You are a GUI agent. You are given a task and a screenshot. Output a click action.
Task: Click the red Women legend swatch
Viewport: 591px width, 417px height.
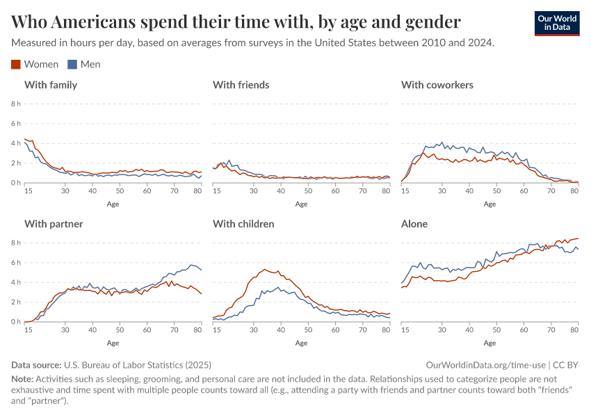pos(17,65)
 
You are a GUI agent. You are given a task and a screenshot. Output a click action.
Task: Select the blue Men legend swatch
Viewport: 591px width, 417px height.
pos(72,65)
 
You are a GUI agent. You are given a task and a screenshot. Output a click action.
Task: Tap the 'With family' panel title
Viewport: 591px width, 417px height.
pos(51,85)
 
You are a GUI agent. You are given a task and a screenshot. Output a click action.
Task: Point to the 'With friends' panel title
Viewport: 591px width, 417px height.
pos(241,85)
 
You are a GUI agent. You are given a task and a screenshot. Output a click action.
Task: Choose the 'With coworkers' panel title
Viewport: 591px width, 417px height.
pos(437,85)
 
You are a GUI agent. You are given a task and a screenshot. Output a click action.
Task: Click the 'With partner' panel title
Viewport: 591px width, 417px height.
pos(54,224)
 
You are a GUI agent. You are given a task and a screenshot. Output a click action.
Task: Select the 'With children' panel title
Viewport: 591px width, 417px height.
pos(243,224)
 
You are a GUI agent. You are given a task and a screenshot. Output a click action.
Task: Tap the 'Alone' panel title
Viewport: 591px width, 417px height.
pos(414,224)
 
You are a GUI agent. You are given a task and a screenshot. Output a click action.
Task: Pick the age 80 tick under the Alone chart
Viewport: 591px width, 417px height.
pos(574,330)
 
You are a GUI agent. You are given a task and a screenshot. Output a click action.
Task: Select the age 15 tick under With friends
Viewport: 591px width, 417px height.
pos(216,191)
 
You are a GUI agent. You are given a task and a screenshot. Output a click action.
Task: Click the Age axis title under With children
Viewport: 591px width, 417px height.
pos(301,343)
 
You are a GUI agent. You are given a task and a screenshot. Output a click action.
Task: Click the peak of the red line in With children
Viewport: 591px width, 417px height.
pos(264,269)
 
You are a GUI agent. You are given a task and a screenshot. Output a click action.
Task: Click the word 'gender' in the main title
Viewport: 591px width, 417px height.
pos(432,22)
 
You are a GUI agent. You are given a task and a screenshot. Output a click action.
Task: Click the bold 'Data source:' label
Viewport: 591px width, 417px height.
pos(36,365)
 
